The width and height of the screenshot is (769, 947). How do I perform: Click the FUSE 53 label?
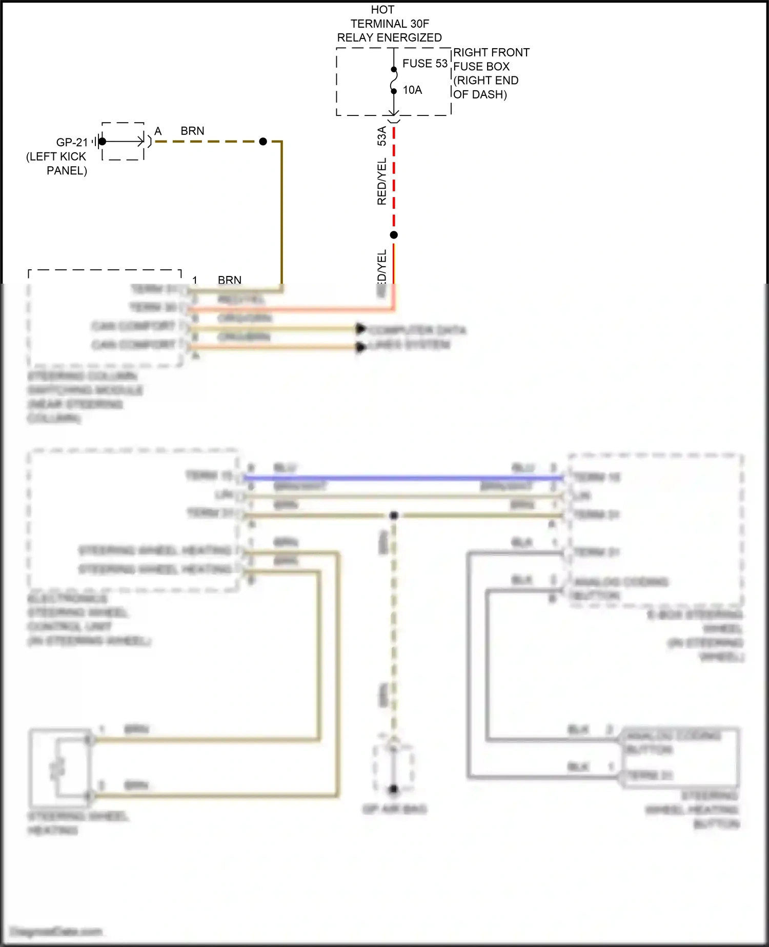click(424, 64)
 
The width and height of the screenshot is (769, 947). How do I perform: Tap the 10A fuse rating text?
click(412, 90)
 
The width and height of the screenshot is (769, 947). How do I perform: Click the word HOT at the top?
click(382, 10)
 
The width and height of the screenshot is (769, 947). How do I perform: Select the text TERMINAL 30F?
click(390, 24)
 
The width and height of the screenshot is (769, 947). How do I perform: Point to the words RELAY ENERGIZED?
click(389, 37)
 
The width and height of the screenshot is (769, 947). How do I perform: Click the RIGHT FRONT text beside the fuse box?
click(491, 52)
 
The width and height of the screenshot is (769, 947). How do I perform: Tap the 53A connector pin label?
click(382, 136)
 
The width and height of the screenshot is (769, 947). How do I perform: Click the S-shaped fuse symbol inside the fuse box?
click(393, 81)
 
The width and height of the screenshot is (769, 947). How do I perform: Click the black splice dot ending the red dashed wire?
click(394, 235)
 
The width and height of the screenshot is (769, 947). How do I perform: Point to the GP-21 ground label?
click(72, 142)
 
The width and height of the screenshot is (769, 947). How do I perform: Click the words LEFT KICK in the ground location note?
click(56, 156)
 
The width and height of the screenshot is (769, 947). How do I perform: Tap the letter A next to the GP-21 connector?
click(158, 131)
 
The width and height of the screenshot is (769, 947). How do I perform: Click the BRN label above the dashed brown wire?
click(192, 131)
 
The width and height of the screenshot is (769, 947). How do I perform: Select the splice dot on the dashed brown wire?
click(263, 142)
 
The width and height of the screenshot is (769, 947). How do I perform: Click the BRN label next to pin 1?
click(229, 280)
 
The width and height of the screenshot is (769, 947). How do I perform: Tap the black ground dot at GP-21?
click(102, 142)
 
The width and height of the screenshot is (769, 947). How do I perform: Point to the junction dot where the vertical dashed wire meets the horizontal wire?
click(394, 515)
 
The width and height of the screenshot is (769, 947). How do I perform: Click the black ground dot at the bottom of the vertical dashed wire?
click(393, 789)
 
